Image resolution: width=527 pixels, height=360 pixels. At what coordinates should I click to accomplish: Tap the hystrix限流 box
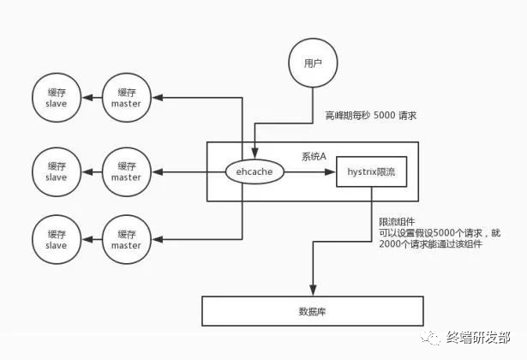tap(370, 171)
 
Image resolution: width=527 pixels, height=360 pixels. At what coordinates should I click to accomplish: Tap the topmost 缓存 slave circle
tap(56, 98)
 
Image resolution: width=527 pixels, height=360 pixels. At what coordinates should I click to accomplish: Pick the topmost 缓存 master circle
tap(126, 98)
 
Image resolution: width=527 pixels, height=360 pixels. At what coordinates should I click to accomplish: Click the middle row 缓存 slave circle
tap(56, 171)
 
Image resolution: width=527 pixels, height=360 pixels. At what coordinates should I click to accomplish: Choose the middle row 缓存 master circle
tap(126, 171)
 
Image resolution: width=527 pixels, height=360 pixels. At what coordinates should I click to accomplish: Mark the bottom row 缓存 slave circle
tap(56, 240)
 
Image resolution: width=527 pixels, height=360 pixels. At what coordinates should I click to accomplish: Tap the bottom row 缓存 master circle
tap(126, 240)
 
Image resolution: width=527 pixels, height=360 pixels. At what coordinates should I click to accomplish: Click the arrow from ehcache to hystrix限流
tap(308, 171)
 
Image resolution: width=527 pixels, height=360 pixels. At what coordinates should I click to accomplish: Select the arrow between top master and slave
tap(91, 98)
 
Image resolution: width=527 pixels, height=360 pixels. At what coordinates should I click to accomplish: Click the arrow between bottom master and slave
tap(91, 240)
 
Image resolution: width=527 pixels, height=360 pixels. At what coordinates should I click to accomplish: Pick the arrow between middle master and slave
tap(91, 171)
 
